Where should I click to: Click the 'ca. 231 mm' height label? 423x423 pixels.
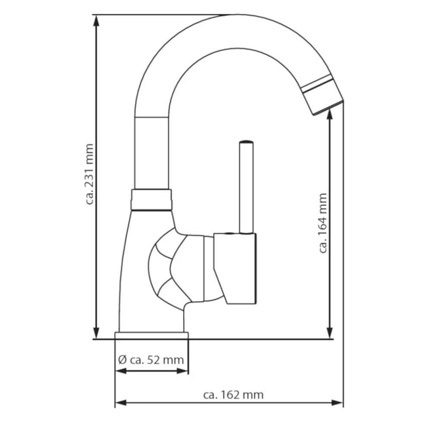tap(89, 174)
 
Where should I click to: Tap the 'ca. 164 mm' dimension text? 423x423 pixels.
tap(323, 223)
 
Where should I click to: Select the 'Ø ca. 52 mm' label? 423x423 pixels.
tap(151, 360)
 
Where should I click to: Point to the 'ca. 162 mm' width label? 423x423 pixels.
tap(234, 395)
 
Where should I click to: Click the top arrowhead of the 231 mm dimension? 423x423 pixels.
tap(96, 21)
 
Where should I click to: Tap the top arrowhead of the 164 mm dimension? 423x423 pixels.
tap(329, 115)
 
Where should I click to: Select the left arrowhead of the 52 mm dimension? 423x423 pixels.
tap(121, 371)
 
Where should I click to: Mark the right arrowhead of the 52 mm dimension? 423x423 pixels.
tap(182, 371)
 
